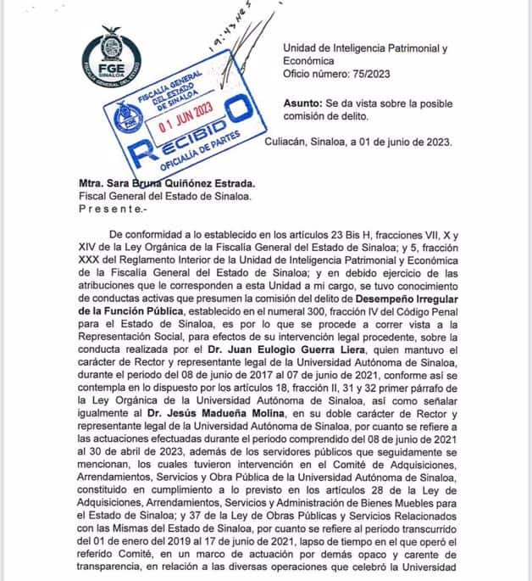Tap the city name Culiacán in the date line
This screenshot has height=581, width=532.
pyautogui.click(x=290, y=142)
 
